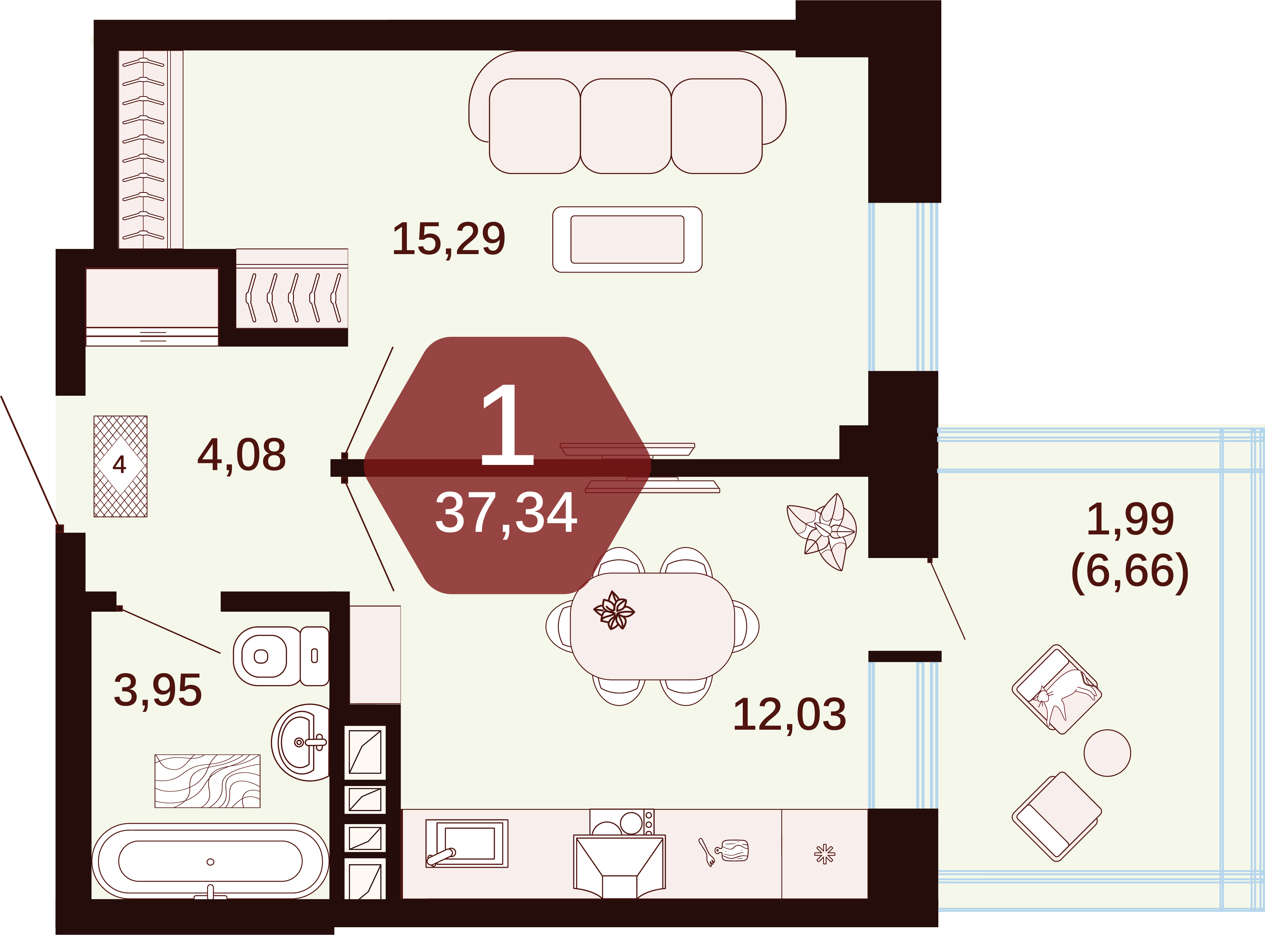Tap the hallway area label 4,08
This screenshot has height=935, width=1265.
242,455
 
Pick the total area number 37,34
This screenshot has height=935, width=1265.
506,513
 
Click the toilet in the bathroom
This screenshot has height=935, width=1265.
281,656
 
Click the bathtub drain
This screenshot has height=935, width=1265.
211,862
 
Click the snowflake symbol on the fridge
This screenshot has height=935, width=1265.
825,854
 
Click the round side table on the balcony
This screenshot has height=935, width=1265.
1107,753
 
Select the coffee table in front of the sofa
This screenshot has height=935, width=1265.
627,240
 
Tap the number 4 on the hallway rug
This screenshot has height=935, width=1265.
119,465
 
